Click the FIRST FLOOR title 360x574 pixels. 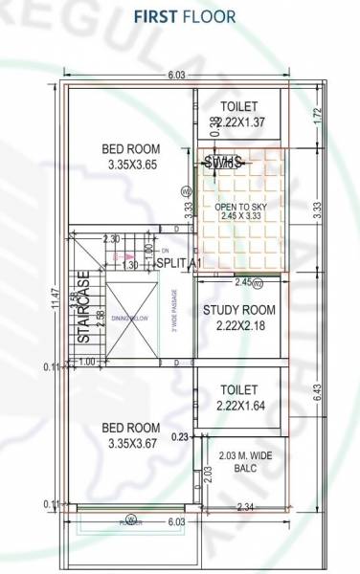[x=184, y=17]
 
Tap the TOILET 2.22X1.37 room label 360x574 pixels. [x=238, y=114]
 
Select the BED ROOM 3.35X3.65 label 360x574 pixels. [x=131, y=157]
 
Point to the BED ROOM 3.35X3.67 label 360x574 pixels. [x=131, y=434]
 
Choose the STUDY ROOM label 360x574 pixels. [x=239, y=319]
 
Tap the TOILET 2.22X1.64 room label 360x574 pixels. [x=239, y=398]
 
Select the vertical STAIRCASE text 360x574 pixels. [x=84, y=306]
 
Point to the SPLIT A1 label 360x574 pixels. [x=178, y=263]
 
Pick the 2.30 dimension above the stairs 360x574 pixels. [x=111, y=239]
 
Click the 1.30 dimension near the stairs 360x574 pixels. [x=135, y=265]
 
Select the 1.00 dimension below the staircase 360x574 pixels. [x=88, y=362]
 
